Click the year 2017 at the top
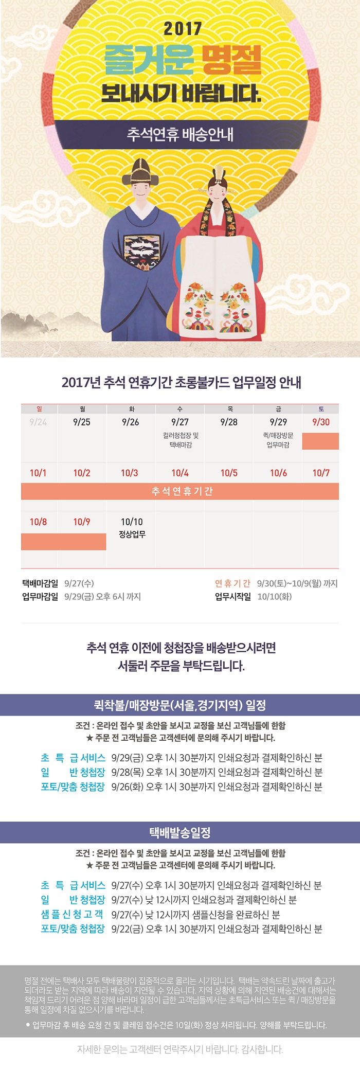pyautogui.click(x=183, y=29)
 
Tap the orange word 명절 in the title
pyautogui.click(x=231, y=60)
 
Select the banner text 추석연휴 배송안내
pyautogui.click(x=180, y=135)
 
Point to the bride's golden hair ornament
pyautogui.click(x=220, y=174)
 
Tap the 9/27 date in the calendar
pyautogui.click(x=180, y=422)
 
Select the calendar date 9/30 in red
pyautogui.click(x=321, y=422)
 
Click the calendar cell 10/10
pyautogui.click(x=132, y=522)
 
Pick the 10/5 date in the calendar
pyautogui.click(x=229, y=473)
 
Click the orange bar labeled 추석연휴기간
pyautogui.click(x=180, y=491)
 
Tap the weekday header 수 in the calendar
pyautogui.click(x=180, y=409)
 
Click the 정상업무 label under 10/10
pyautogui.click(x=132, y=534)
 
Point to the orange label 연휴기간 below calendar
pyautogui.click(x=232, y=583)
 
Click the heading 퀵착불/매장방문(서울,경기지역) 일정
pyautogui.click(x=180, y=705)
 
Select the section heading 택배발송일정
pyautogui.click(x=180, y=832)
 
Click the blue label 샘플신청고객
pyautogui.click(x=73, y=914)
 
